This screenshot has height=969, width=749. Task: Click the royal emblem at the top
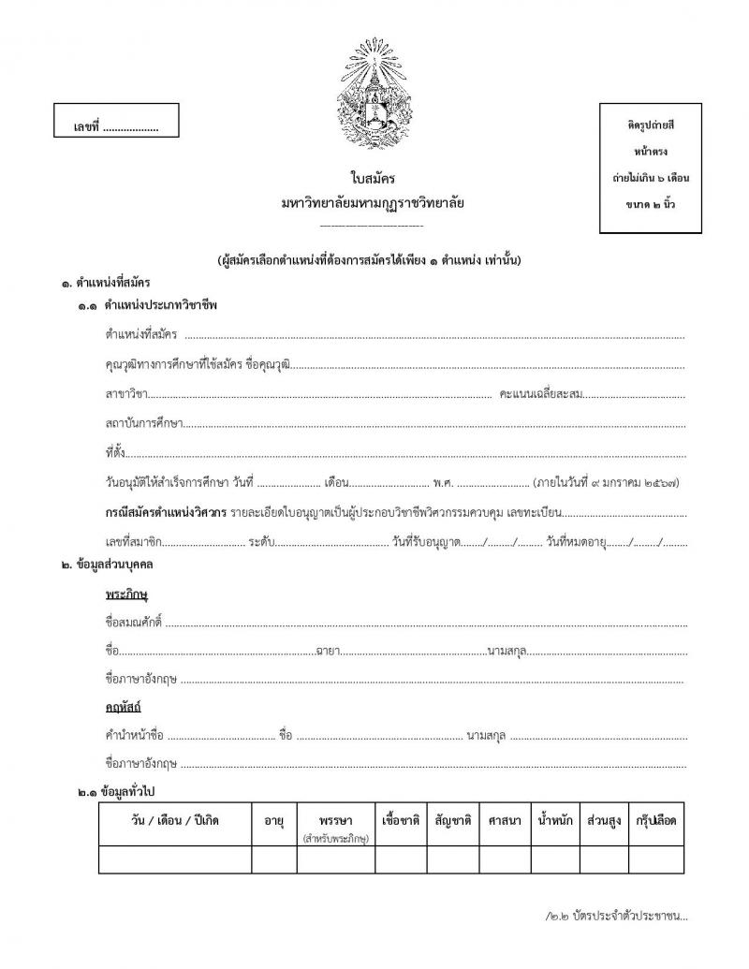pos(373,93)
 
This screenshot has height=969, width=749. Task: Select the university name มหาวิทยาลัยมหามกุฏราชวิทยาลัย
pos(372,202)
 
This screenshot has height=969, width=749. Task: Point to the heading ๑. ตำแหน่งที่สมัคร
pos(106,281)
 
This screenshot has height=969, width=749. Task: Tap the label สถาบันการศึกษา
pos(143,424)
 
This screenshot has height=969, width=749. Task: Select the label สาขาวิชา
pos(126,394)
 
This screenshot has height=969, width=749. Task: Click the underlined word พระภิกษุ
pos(128,595)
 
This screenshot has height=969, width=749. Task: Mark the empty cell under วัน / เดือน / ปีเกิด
pos(174,859)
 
